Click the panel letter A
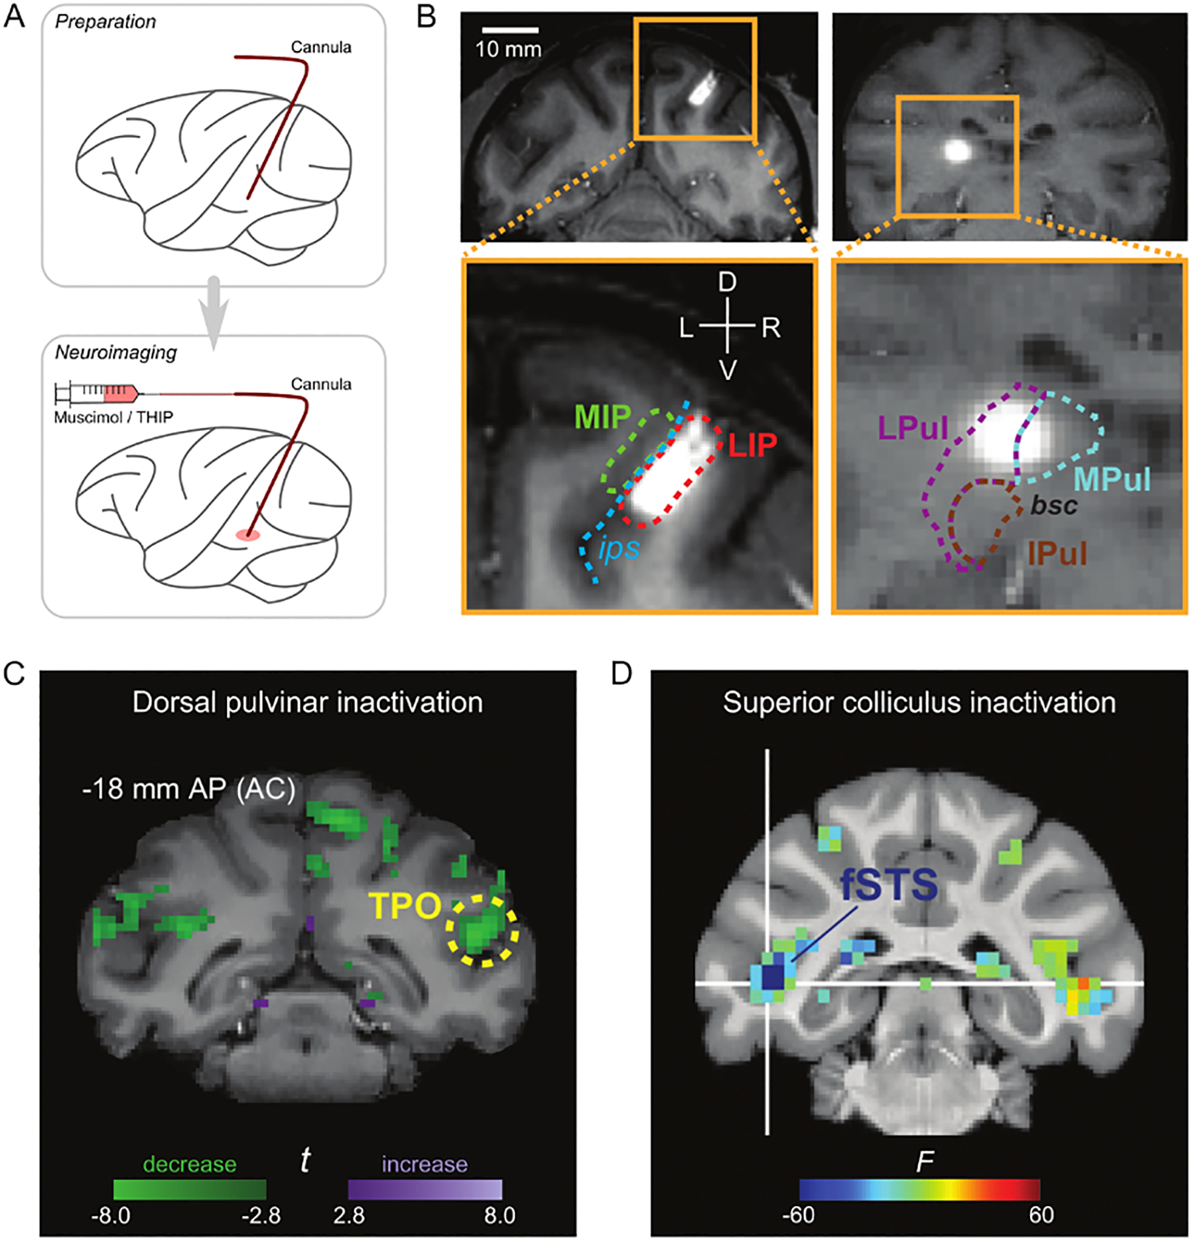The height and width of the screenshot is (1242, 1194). coord(14,16)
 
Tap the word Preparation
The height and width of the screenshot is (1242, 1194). coord(105,22)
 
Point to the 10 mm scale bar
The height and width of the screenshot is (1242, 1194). coord(509,30)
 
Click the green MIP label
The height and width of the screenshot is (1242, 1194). coord(602,416)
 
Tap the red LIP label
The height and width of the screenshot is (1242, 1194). coord(752,445)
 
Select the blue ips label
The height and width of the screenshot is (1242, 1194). coord(618,548)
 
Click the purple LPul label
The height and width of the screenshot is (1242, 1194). coord(913,428)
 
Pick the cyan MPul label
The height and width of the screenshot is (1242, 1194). coord(1112,479)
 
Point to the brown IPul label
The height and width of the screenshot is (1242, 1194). coord(1057,553)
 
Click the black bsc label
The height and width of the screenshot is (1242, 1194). coord(1053,506)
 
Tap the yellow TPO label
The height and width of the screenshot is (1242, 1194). coord(405,905)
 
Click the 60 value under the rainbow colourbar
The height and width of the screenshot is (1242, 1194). coord(1041,1214)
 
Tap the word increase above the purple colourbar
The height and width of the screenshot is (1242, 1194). coord(425,1164)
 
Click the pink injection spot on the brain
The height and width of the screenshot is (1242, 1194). coord(248,534)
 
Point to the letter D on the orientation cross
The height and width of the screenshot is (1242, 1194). coord(727,282)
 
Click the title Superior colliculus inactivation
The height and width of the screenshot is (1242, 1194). coord(919,703)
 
